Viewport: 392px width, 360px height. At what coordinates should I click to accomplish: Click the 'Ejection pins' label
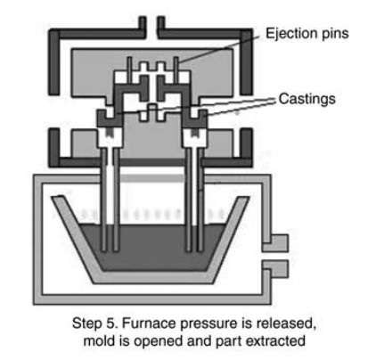coord(307,34)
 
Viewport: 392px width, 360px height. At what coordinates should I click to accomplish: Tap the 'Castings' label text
coord(307,99)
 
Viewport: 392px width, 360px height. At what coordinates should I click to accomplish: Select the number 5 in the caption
coord(110,323)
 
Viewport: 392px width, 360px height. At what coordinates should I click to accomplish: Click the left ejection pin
coord(129,70)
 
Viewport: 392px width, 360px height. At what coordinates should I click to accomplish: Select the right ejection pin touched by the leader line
coord(176,70)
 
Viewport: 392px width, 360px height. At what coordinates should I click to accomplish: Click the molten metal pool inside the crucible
coord(151,247)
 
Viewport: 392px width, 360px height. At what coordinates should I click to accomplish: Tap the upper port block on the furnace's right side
coord(275,242)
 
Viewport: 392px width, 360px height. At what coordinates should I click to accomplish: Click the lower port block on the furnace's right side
coord(275,269)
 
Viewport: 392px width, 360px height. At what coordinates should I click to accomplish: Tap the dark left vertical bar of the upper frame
coord(54,61)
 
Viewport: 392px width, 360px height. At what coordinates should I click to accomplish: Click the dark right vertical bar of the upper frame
coord(247,61)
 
